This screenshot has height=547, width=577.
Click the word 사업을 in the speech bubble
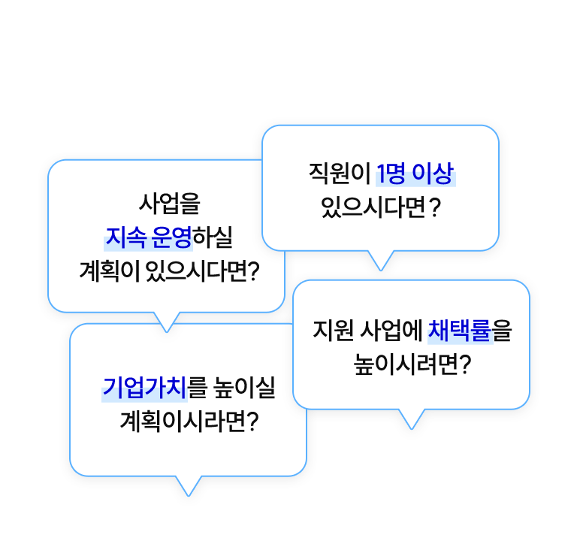click(171, 204)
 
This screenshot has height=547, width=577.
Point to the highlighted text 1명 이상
click(415, 174)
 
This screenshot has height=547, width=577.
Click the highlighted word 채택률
click(459, 331)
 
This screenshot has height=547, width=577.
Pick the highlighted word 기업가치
click(143, 388)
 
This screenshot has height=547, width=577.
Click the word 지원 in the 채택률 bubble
click(331, 331)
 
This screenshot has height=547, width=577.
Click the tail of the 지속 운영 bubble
click(168, 321)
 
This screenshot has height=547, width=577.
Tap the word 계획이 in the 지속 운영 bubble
click(113, 270)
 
